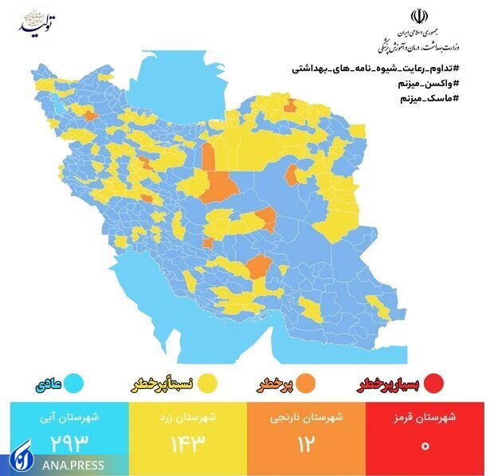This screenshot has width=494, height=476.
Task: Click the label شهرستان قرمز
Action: click(x=426, y=417)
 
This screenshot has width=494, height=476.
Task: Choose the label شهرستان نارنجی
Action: click(x=308, y=417)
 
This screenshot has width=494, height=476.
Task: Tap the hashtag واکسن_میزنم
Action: click(x=429, y=84)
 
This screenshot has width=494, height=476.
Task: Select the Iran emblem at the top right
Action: click(x=418, y=17)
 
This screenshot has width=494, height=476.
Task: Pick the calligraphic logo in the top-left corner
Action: click(x=37, y=23)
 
